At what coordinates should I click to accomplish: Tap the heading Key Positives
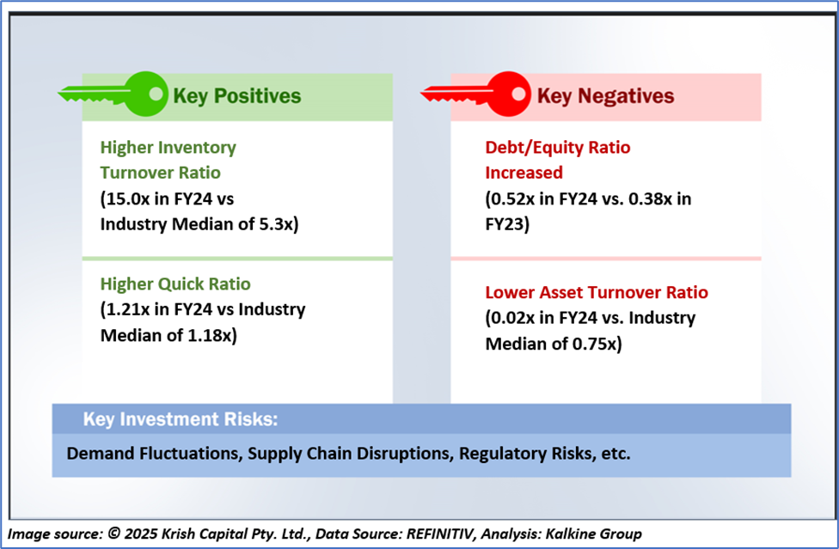pos(237,96)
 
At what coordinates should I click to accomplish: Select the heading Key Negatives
pos(605,96)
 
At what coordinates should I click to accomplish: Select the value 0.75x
pos(595,344)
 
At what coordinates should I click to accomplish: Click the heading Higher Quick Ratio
pos(175,284)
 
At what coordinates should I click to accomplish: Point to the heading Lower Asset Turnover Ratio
pos(597,292)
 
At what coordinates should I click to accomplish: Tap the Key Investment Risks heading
pos(181,419)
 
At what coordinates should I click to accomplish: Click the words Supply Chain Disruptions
pos(351,454)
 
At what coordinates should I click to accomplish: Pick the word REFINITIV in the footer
pos(440,534)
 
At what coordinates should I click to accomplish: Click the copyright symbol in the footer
pos(114,533)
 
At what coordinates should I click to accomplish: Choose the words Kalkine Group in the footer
pos(593,534)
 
